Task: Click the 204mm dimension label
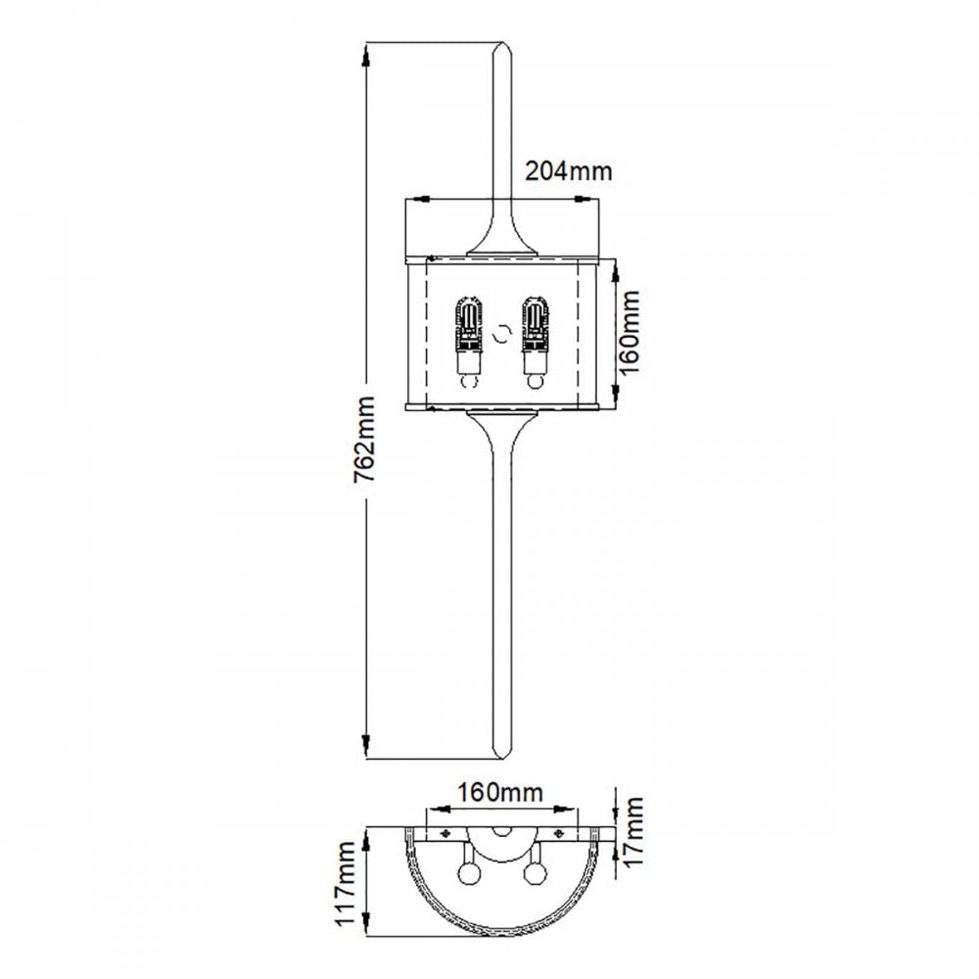(568, 170)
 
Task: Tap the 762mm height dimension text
(364, 439)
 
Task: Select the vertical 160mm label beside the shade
(629, 332)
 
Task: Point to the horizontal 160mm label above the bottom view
(500, 792)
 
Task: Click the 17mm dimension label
(633, 831)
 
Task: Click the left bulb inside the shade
(470, 343)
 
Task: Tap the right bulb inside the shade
(536, 343)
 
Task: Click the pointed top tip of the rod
(502, 42)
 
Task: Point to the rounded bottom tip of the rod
(502, 757)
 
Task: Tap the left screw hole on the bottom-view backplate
(445, 833)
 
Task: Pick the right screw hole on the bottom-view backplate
(559, 833)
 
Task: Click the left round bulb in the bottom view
(467, 873)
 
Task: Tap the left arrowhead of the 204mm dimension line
(418, 199)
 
